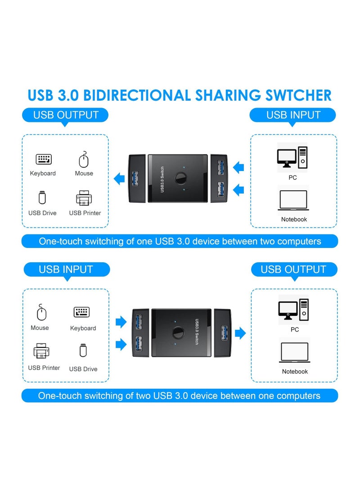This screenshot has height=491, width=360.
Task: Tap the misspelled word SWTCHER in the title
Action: click(x=294, y=95)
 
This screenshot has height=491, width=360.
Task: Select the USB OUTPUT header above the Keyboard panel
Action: click(x=66, y=115)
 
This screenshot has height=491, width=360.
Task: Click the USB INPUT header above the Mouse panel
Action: click(x=66, y=270)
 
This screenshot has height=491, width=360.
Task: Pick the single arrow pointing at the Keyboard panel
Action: click(x=119, y=179)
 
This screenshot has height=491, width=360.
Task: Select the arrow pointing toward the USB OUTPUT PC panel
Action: click(x=241, y=333)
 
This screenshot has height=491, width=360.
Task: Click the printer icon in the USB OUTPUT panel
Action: click(x=84, y=198)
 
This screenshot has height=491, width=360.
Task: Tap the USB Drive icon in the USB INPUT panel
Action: click(x=83, y=351)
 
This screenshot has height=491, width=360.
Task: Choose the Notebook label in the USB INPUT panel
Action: click(x=294, y=219)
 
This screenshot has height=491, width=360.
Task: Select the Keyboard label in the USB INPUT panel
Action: click(x=83, y=328)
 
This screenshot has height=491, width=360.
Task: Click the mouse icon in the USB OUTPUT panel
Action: click(x=84, y=160)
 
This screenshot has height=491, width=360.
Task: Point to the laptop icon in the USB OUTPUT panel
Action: click(x=294, y=352)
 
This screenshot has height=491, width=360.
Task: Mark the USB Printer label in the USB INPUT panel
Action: click(x=44, y=368)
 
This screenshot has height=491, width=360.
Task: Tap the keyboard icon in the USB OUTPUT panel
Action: click(x=44, y=159)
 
